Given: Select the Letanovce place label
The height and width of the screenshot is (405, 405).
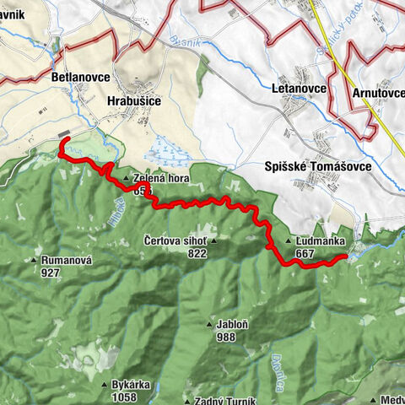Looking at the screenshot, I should coord(301,88).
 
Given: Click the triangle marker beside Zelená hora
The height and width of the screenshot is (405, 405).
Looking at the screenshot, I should coord(125,179).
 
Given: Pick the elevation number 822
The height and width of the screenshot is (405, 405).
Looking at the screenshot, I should coord(197,253).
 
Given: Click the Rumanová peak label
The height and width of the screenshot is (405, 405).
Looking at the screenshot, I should coord(66,261).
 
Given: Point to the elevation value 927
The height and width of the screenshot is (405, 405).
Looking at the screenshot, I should coord(50,273).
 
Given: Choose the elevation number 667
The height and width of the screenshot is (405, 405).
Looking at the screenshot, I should coord(305,252).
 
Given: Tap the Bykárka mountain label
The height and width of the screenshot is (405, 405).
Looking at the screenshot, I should coord(131,385).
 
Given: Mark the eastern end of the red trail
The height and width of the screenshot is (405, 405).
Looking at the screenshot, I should coord(345,258).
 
